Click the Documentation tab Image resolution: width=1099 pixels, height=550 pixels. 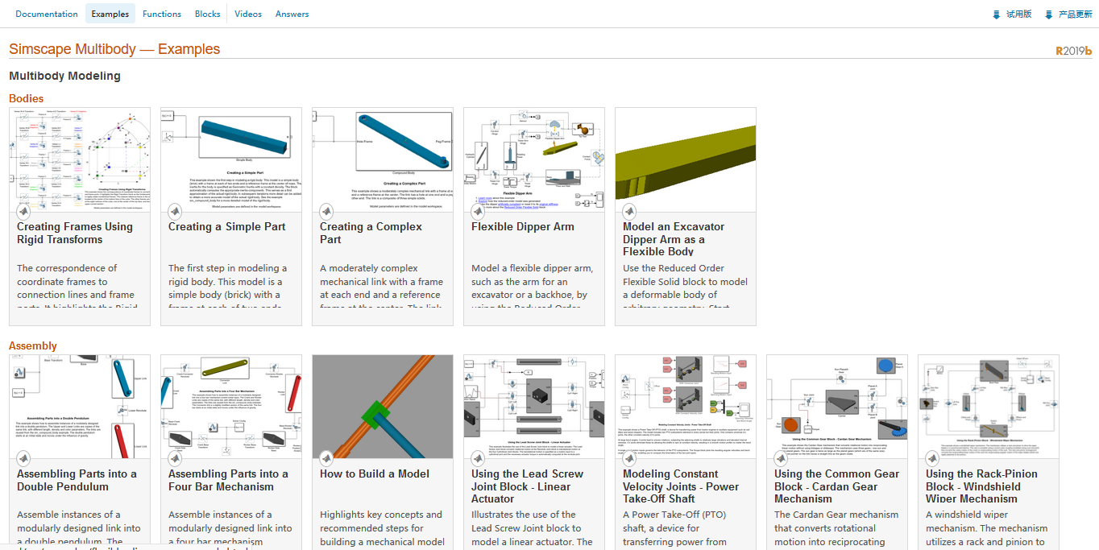point(47,14)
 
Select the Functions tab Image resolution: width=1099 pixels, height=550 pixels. point(162,14)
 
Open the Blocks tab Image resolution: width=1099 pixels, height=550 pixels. point(208,14)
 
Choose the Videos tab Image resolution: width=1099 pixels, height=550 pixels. point(248,14)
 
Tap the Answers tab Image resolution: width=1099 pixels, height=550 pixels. point(292,14)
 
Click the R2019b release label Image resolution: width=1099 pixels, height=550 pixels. point(1073,51)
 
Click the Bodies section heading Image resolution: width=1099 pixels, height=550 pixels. point(26,98)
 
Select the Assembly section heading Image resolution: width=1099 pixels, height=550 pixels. point(33,345)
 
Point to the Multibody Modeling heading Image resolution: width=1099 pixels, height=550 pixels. point(64,76)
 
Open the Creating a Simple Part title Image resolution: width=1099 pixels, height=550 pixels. point(226,227)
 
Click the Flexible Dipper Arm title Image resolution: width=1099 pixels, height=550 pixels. point(522,227)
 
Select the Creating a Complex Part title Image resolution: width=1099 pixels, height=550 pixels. point(371,233)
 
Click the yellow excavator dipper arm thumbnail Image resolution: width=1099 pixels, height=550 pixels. point(685,159)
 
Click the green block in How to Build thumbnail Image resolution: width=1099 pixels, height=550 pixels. point(375,416)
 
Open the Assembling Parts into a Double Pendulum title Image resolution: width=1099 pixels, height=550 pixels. point(77,480)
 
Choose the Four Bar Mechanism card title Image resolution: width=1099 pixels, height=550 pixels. point(223,480)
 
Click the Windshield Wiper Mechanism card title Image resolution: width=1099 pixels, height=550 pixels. point(981,486)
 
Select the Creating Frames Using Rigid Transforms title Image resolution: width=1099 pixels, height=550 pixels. point(75,233)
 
